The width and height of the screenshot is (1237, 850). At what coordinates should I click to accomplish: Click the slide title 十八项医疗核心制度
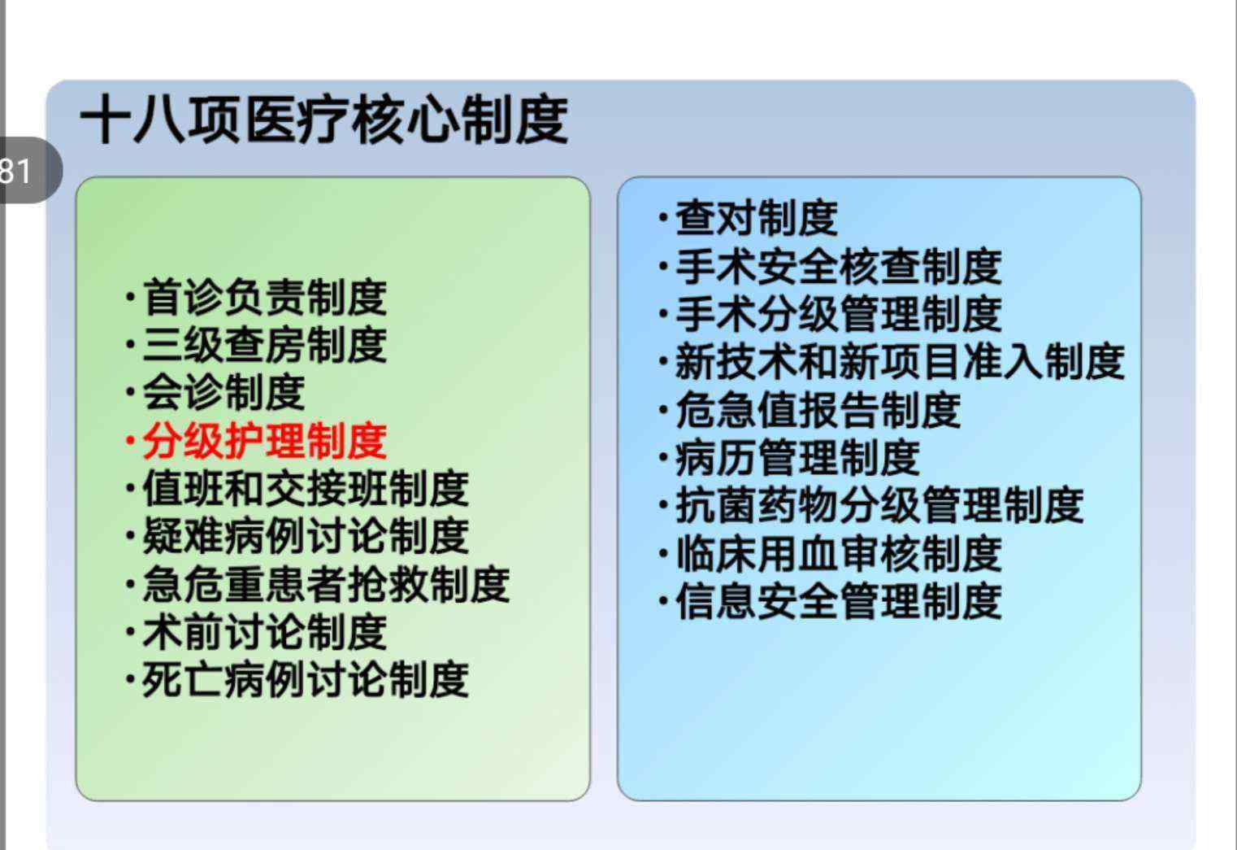click(324, 119)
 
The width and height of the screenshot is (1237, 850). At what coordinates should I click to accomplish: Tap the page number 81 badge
click(28, 170)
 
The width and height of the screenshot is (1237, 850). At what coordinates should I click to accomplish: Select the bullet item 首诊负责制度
click(265, 297)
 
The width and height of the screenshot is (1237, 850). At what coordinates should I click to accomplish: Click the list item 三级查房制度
click(265, 344)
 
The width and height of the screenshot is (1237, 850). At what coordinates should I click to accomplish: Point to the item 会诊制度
click(224, 392)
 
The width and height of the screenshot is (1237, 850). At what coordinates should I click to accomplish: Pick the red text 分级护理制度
click(265, 441)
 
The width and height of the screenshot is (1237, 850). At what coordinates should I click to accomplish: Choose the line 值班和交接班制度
click(306, 488)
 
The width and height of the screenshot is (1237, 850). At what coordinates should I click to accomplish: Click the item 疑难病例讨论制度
click(306, 535)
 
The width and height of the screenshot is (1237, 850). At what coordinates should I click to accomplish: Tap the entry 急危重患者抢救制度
click(327, 584)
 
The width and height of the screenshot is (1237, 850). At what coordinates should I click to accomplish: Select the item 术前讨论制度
click(265, 632)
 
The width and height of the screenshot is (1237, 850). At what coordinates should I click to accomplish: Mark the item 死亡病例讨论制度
click(306, 679)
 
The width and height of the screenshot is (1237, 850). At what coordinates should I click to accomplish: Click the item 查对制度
click(757, 218)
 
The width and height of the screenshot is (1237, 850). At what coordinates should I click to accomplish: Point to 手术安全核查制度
click(839, 266)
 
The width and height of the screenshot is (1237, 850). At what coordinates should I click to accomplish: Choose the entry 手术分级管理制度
click(839, 313)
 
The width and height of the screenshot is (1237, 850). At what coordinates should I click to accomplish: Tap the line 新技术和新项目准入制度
click(901, 361)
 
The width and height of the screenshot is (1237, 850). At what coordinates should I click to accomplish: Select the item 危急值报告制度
click(818, 409)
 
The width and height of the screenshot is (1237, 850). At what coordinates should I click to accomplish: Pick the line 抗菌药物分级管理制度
click(879, 505)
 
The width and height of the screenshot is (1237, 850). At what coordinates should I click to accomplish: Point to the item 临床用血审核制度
click(839, 553)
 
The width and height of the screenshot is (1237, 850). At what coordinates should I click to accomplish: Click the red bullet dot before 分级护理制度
click(130, 441)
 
